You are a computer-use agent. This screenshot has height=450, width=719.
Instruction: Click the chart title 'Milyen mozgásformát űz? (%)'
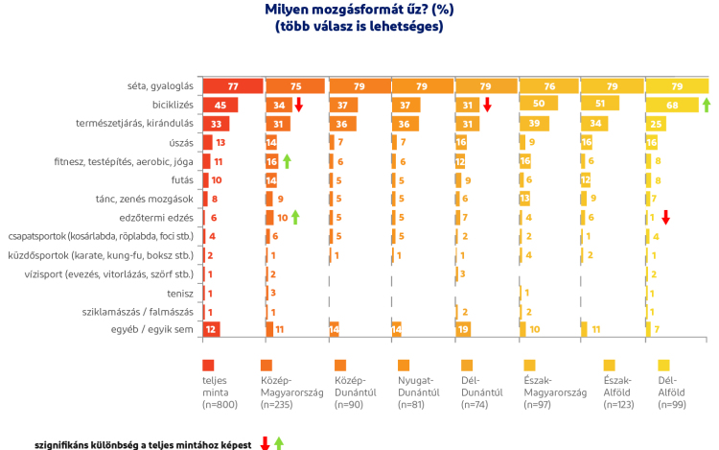coord(360,10)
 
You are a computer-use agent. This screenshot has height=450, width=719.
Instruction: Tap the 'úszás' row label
coord(179,142)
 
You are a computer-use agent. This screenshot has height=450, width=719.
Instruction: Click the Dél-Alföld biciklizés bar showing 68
coord(670,105)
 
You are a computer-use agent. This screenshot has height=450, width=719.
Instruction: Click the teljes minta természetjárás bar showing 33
coord(216,124)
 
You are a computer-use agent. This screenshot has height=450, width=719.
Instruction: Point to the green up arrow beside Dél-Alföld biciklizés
coord(707,105)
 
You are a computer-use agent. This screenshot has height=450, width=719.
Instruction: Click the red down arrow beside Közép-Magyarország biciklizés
coord(298,105)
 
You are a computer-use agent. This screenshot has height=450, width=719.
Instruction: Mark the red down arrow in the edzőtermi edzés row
coord(665,218)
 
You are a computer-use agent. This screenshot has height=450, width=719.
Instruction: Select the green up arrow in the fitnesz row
coord(287,161)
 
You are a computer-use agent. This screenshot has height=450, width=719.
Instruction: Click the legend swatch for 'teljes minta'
coord(208,365)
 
